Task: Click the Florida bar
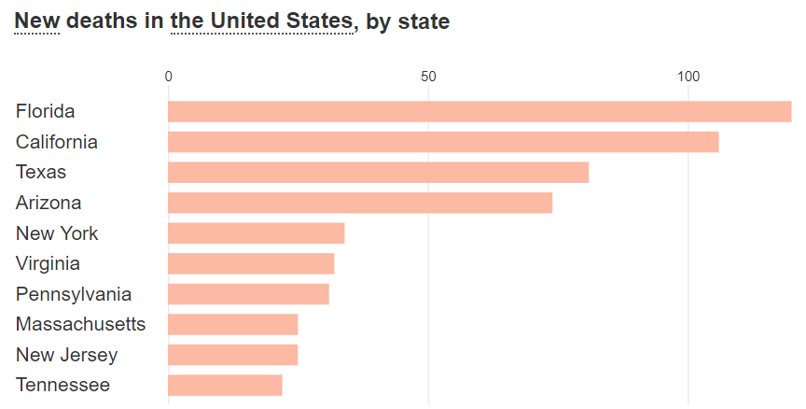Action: coord(479,112)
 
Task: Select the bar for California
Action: coord(443,142)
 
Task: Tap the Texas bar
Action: coord(378,173)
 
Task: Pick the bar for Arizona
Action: coord(360,203)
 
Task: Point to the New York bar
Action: coord(256,233)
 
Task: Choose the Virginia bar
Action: coord(251,263)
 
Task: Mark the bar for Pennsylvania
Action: coord(248,294)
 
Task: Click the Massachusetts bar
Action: coord(232,324)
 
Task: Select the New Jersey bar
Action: coord(232,355)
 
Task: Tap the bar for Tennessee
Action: coord(225,385)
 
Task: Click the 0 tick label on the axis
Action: coord(168,77)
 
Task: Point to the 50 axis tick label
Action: coord(428,77)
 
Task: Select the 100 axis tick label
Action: coord(688,77)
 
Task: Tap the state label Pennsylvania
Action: coord(74,294)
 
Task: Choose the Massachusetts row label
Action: coord(80,324)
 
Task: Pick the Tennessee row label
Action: coord(63,385)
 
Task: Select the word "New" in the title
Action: coord(37,21)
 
